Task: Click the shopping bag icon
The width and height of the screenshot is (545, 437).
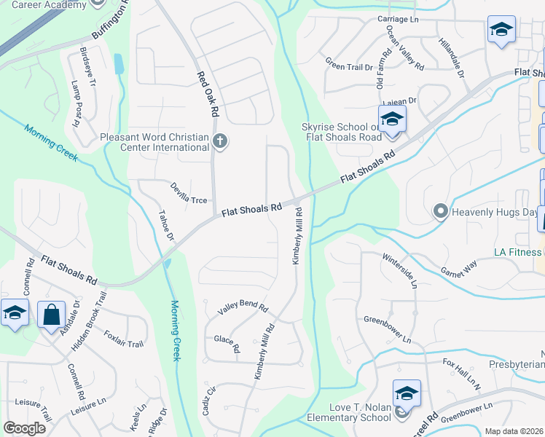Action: pos(51,315)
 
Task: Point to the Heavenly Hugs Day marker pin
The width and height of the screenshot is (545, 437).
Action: pos(440,211)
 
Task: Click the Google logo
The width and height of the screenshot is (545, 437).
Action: pos(25,428)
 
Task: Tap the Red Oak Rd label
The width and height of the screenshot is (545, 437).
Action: pos(206,95)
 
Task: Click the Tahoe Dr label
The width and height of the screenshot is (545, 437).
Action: pos(167,227)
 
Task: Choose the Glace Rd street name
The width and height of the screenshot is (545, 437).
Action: pos(227,342)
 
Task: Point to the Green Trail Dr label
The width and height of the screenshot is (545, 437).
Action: pos(349,66)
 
